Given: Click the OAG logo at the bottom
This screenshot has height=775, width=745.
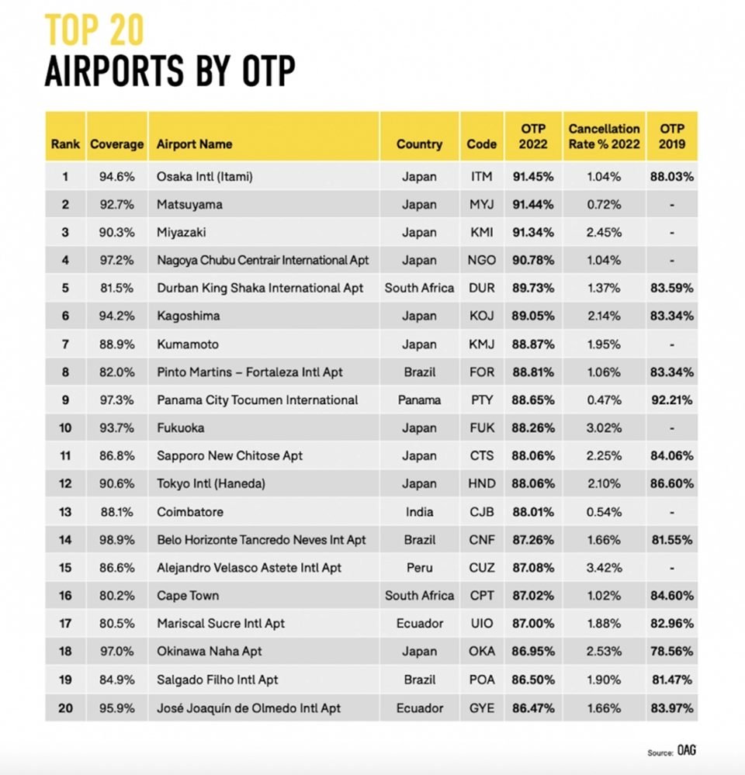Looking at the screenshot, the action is click(x=686, y=750).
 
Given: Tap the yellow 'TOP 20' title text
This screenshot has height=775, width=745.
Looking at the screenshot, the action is click(x=95, y=30).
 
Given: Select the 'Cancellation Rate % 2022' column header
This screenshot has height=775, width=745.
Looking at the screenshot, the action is click(x=604, y=137).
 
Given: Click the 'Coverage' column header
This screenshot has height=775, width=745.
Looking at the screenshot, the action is click(x=116, y=144).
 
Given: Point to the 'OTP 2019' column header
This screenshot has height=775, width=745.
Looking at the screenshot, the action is click(x=672, y=137).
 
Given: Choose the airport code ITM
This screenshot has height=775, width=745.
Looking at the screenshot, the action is click(x=481, y=176).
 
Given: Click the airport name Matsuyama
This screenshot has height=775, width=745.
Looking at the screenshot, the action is click(x=189, y=205).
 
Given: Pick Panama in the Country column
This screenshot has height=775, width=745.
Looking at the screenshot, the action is click(x=419, y=400).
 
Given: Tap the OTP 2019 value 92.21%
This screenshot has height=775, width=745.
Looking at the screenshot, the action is click(x=672, y=400).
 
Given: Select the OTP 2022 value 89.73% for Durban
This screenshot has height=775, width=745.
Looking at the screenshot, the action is click(x=533, y=288).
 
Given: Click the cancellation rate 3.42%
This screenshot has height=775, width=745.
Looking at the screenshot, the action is click(x=604, y=567).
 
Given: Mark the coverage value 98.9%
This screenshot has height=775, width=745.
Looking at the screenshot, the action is click(x=116, y=540).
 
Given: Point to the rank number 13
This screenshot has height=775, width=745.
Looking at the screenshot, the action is click(x=65, y=512).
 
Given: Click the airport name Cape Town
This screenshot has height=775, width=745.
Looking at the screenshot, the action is click(x=188, y=596).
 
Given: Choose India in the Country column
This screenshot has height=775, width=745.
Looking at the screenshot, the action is click(x=419, y=512).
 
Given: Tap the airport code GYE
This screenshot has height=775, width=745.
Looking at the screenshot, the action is click(x=481, y=708).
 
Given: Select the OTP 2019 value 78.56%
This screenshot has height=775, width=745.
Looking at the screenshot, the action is click(x=672, y=652).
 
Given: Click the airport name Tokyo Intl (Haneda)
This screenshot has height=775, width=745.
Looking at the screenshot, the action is click(x=211, y=483).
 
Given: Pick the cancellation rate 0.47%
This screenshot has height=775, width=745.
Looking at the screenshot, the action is click(x=604, y=400).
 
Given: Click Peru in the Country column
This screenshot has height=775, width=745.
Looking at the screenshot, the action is click(x=419, y=567).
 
